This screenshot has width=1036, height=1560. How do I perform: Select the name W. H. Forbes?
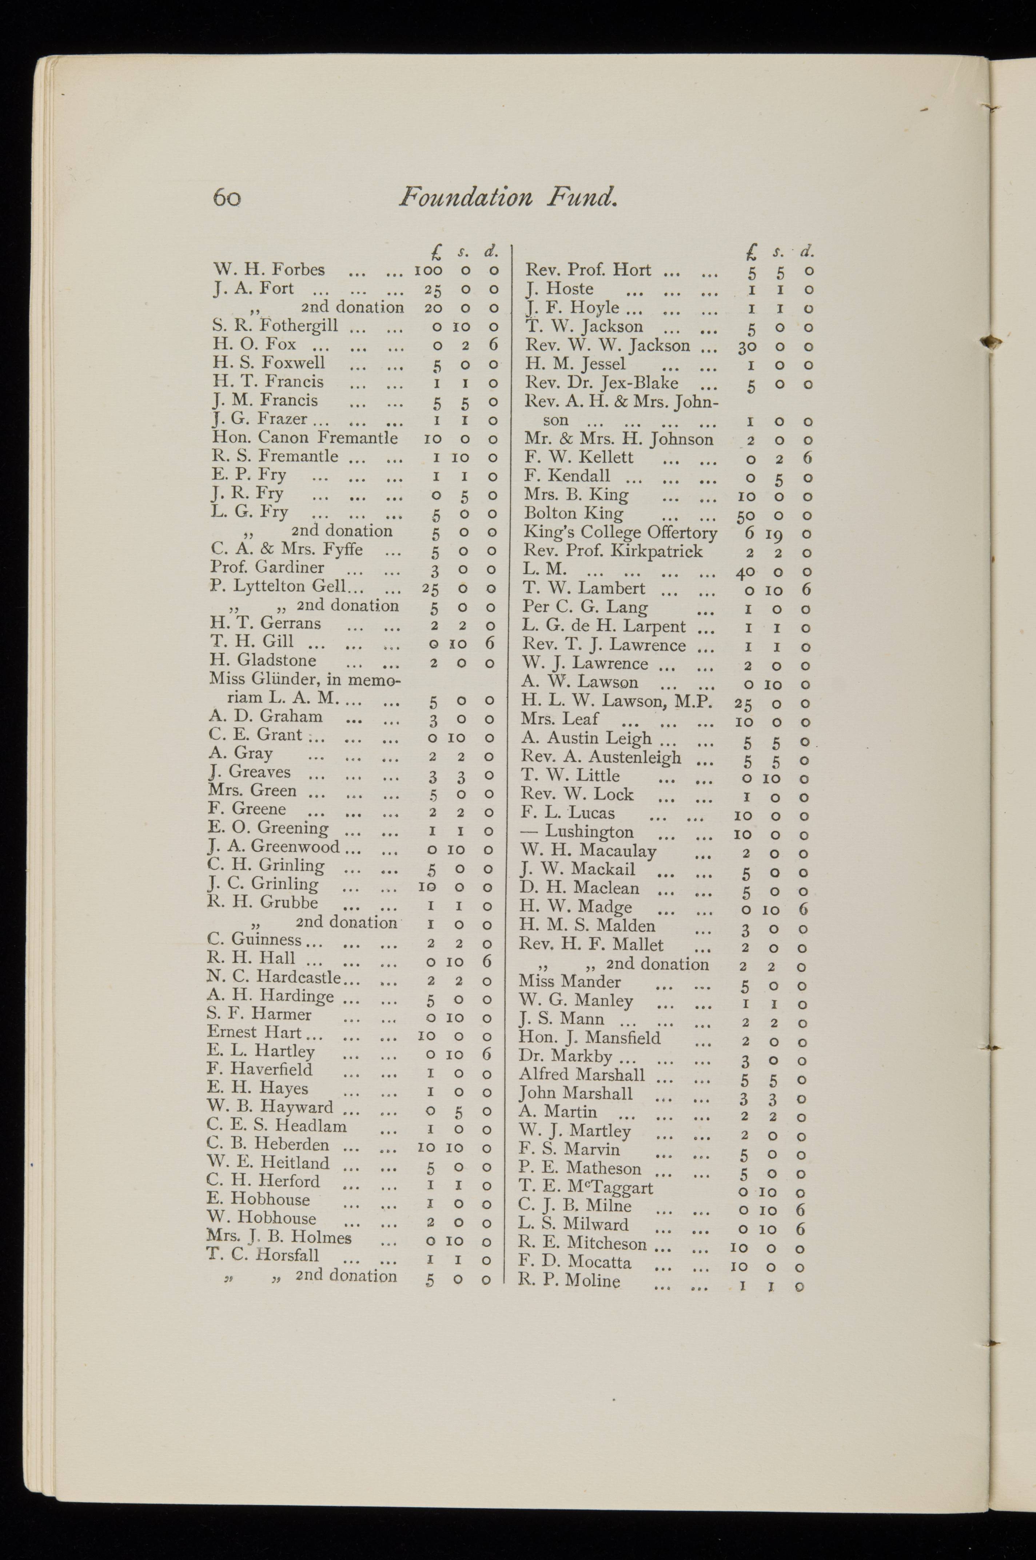pyautogui.click(x=269, y=270)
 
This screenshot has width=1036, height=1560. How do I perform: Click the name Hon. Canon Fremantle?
pyautogui.click(x=304, y=437)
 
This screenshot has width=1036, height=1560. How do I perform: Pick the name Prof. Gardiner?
pyautogui.click(x=268, y=567)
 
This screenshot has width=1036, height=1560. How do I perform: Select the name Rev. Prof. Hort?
pyautogui.click(x=588, y=270)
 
